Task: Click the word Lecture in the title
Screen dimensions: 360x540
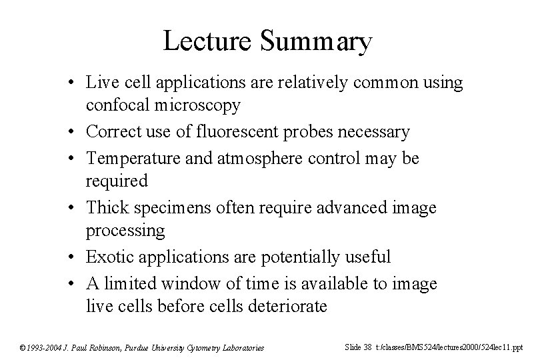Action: click(x=206, y=42)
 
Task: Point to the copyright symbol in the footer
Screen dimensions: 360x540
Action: click(x=21, y=347)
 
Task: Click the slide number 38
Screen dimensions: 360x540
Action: click(x=368, y=347)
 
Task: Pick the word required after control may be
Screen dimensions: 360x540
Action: click(x=117, y=181)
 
